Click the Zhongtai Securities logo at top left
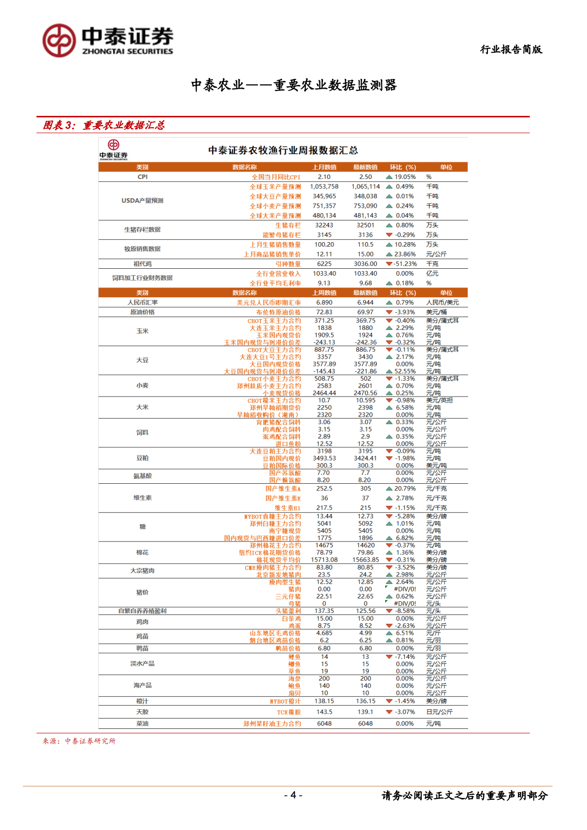click(108, 40)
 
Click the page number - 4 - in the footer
click(293, 794)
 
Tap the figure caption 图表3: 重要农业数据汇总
click(104, 125)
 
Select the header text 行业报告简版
click(511, 49)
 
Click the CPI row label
click(143, 177)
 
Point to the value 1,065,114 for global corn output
click(366, 187)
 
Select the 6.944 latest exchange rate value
click(366, 302)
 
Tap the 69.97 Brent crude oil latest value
click(366, 312)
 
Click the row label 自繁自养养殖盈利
click(143, 611)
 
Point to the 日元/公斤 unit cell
click(439, 712)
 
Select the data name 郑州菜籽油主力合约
click(272, 724)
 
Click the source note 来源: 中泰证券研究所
click(79, 741)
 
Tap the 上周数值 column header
click(324, 293)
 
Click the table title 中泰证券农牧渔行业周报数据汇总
click(283, 150)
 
